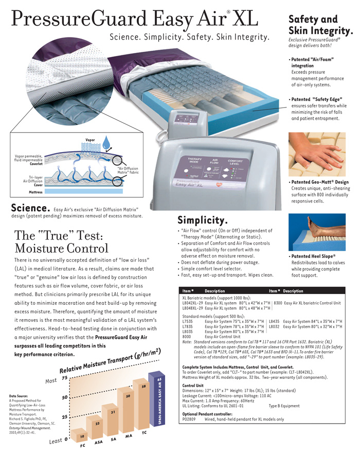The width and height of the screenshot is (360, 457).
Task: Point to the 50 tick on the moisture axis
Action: (x=65, y=398)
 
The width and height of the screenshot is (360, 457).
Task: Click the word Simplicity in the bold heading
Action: (x=203, y=220)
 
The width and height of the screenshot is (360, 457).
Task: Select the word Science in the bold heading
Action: (x=30, y=209)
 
